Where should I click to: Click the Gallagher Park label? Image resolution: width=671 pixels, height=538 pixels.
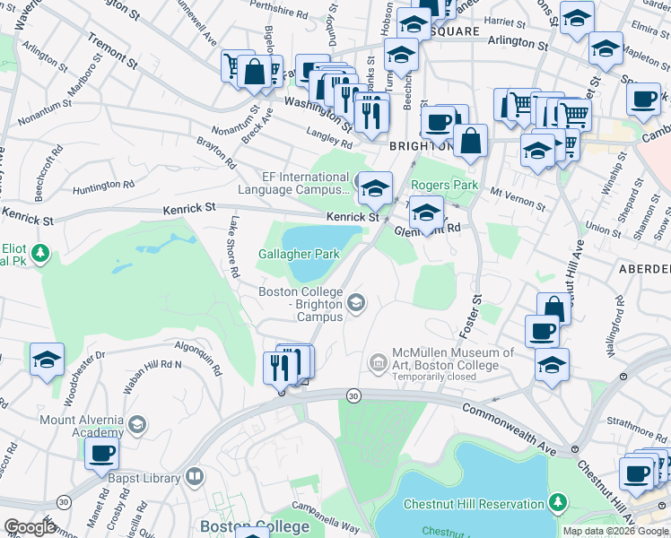[x=300, y=255]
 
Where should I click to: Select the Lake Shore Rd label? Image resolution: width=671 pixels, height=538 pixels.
[x=233, y=246]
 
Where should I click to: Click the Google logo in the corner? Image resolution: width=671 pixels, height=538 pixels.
[x=30, y=527]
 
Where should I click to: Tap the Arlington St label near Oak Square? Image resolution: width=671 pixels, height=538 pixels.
[x=517, y=42]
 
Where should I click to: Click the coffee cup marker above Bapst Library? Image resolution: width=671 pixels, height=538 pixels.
[x=101, y=452]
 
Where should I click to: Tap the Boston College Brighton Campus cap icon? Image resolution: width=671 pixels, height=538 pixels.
[x=357, y=304]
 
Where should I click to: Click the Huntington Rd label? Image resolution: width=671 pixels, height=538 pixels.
[x=103, y=186]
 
